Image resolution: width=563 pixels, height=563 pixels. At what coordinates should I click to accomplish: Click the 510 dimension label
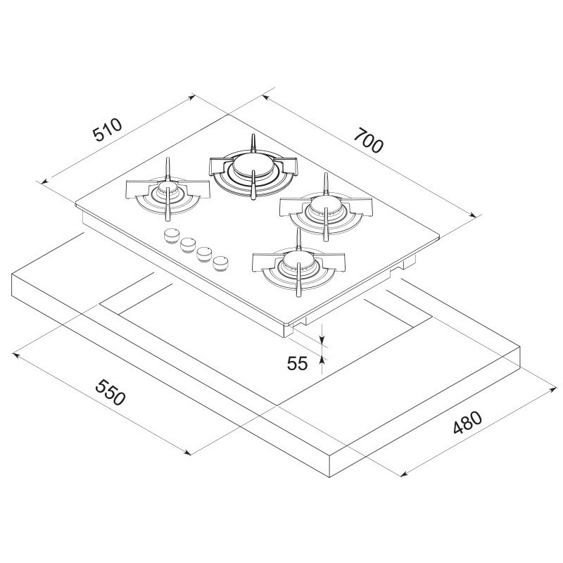click(x=106, y=130)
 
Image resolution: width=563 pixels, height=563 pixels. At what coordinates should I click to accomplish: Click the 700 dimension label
click(x=369, y=140)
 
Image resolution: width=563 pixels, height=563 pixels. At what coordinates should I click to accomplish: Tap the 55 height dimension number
click(x=298, y=363)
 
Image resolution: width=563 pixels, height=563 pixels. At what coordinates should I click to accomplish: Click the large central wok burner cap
click(x=251, y=166)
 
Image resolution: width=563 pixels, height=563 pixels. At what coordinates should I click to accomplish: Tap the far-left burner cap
click(x=167, y=189)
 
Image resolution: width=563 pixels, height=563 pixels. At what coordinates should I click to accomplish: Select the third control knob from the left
click(x=205, y=253)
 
